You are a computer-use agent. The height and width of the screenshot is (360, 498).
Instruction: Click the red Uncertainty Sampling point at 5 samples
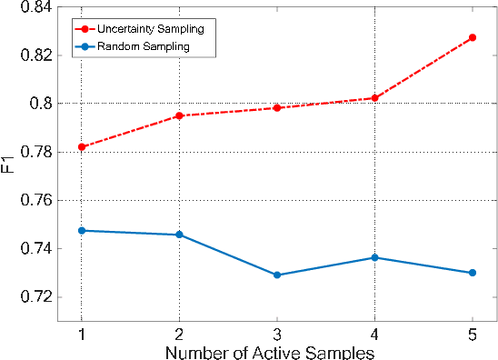coord(473,37)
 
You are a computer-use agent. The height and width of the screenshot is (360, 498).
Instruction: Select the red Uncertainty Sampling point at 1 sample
coord(82,146)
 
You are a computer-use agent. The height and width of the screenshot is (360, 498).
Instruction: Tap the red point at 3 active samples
coord(277,108)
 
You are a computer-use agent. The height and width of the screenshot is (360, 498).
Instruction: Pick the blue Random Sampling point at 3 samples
coord(277,275)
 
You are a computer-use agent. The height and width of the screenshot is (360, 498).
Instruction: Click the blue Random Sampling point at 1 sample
coord(82,231)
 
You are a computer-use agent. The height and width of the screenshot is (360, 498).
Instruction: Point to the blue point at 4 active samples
coord(374,257)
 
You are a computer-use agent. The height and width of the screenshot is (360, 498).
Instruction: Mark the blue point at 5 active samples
coord(473,273)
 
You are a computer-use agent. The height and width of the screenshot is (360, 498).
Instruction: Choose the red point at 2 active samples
coord(179,115)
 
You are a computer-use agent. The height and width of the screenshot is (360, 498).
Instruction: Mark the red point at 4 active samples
coord(374,98)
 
